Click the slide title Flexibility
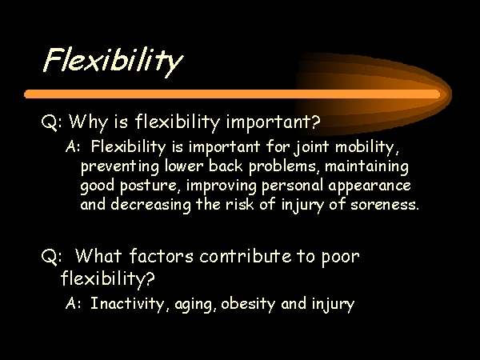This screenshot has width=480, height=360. (x=113, y=62)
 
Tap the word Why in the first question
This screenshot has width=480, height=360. (x=88, y=122)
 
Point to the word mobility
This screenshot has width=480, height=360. (x=367, y=147)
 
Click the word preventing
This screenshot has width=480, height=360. (x=120, y=167)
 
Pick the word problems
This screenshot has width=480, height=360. (x=282, y=166)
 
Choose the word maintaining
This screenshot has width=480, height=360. (x=366, y=167)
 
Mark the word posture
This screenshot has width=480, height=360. (x=149, y=186)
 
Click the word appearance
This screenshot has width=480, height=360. (x=370, y=186)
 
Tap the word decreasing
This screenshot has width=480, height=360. (x=150, y=205)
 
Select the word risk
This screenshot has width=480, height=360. (x=240, y=203)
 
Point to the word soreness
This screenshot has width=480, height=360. (x=384, y=205)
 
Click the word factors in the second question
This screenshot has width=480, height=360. (x=161, y=256)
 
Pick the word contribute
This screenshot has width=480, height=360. (x=246, y=256)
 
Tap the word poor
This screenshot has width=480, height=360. (x=341, y=258)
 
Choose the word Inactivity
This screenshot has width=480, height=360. (x=127, y=304)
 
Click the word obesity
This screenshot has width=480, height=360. (x=248, y=304)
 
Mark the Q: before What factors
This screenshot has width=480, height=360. (x=51, y=257)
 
